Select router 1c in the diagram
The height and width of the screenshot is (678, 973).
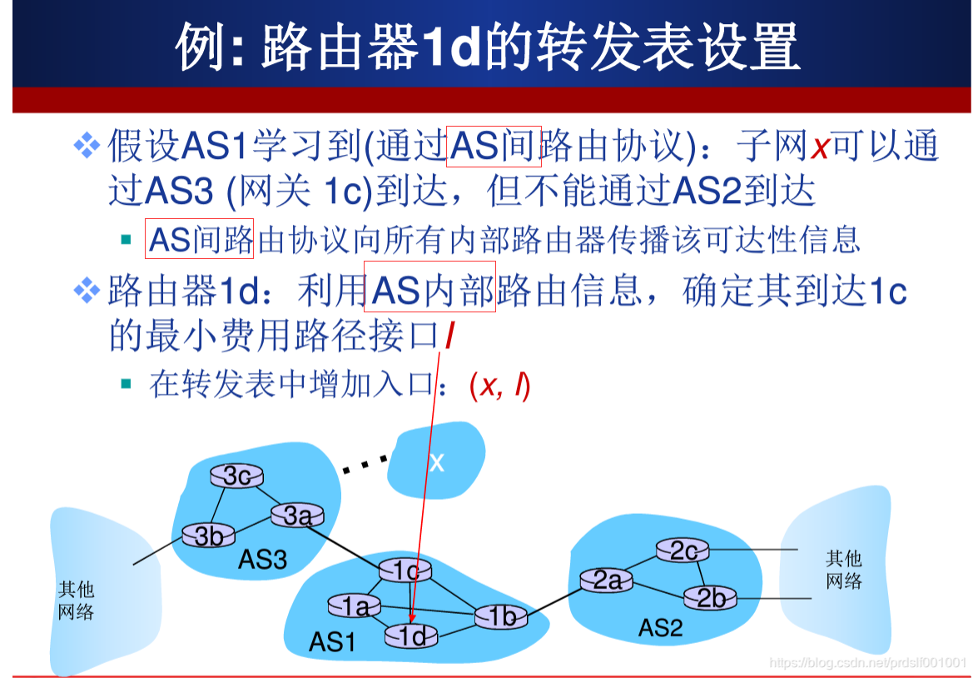coord(405,571)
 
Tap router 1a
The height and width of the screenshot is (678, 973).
coord(355,607)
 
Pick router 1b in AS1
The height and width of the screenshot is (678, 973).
coord(502,616)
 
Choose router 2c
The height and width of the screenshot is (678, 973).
coord(683,551)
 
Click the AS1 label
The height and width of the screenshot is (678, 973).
coord(332,642)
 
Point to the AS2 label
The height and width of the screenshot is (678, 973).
coord(660,627)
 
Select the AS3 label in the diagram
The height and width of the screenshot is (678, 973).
coord(262,559)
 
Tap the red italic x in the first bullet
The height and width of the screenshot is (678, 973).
coord(821,148)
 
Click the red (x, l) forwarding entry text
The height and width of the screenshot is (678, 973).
coord(499,386)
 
